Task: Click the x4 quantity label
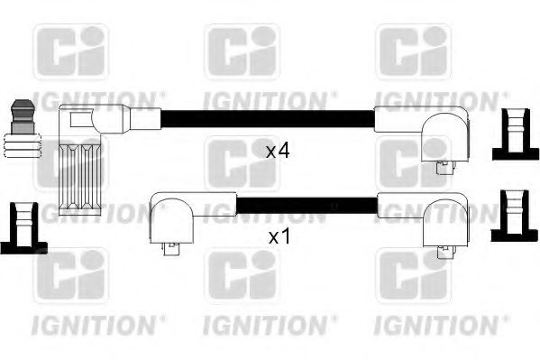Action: click(277, 151)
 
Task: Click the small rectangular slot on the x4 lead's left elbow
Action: click(79, 118)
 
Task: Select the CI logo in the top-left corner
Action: click(70, 52)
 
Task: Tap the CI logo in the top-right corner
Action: click(412, 52)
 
